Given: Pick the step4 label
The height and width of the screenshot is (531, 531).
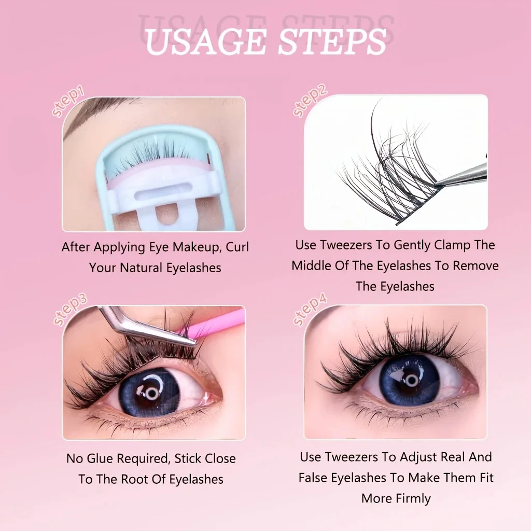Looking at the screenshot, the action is pos(310,310).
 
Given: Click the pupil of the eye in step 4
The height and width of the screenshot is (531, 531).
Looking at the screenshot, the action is pos(411,380).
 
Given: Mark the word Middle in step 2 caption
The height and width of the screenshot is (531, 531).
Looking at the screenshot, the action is pos(311,265).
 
